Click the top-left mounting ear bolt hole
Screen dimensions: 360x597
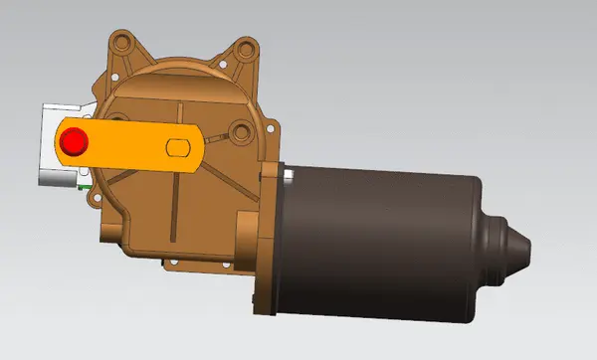click(122, 43)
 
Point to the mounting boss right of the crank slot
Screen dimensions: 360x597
click(239, 130)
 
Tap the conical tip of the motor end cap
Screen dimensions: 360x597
click(522, 250)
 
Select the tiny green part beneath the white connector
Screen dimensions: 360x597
click(87, 184)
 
